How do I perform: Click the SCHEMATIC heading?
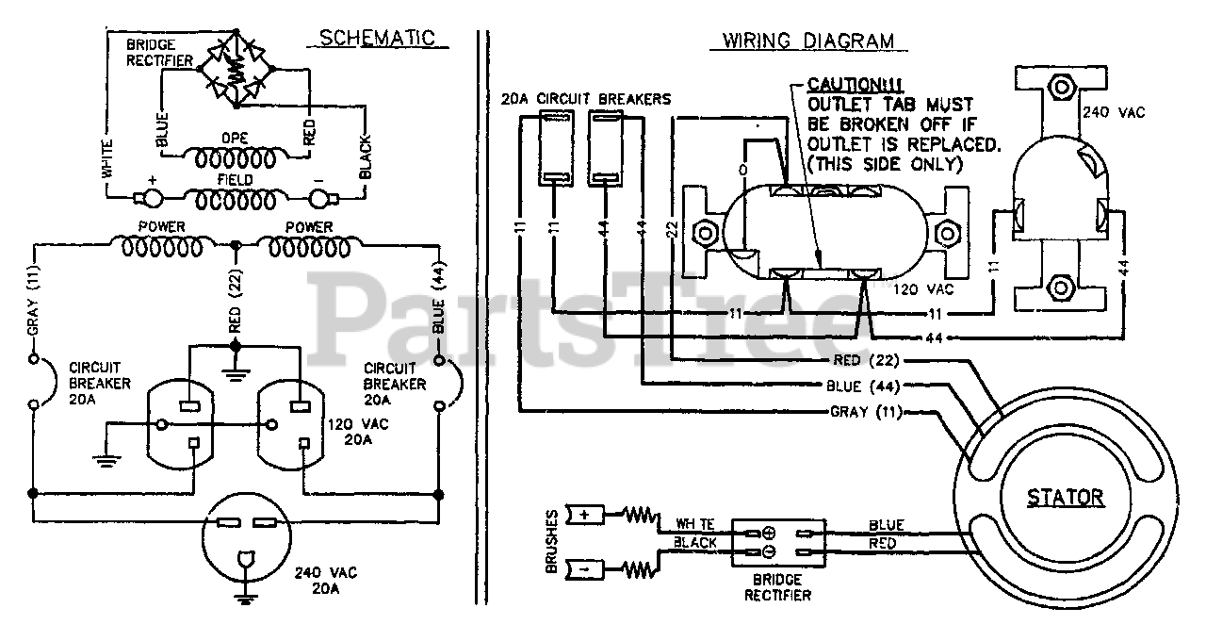pyautogui.click(x=377, y=39)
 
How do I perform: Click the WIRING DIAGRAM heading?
pyautogui.click(x=808, y=41)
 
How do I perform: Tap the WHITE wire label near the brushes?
pyautogui.click(x=695, y=524)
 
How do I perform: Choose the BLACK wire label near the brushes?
pyautogui.click(x=695, y=543)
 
